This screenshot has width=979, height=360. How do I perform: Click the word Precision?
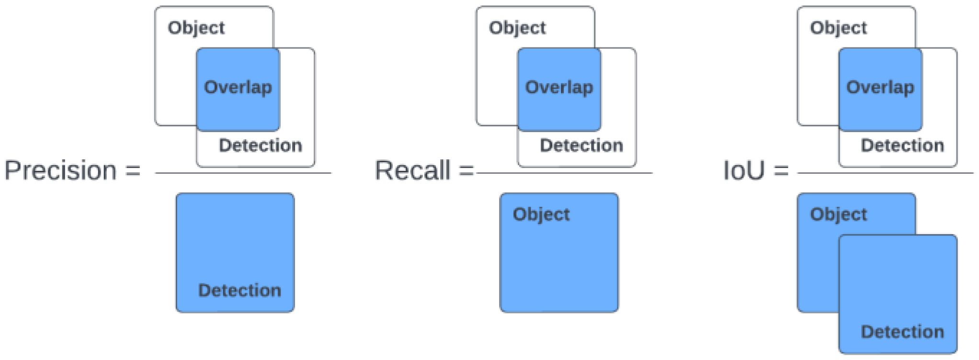click(60, 170)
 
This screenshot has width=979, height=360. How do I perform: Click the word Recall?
click(412, 170)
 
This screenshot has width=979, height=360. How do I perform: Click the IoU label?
click(743, 170)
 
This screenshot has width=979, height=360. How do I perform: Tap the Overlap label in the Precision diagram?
click(238, 88)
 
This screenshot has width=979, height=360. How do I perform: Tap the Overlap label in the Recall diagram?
click(559, 88)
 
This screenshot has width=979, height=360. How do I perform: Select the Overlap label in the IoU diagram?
click(880, 88)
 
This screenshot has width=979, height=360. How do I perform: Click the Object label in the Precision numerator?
click(196, 28)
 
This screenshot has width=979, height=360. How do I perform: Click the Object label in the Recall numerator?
click(517, 28)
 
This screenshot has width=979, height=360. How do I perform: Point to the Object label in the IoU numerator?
click(838, 28)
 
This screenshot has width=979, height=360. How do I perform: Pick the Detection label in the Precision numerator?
click(260, 145)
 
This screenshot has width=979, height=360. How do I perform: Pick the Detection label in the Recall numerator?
click(581, 145)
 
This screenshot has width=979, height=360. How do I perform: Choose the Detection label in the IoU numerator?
click(902, 145)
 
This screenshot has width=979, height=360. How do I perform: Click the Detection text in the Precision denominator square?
click(239, 290)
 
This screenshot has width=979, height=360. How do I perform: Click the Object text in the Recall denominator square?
click(541, 214)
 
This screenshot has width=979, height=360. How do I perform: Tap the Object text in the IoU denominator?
click(838, 214)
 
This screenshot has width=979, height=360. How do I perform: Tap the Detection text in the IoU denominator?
click(902, 331)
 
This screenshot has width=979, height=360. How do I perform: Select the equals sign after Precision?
click(133, 171)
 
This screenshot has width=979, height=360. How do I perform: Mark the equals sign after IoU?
click(781, 171)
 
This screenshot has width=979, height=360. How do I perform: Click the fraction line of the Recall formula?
click(565, 173)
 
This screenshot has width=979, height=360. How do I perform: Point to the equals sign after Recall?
click(466, 171)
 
